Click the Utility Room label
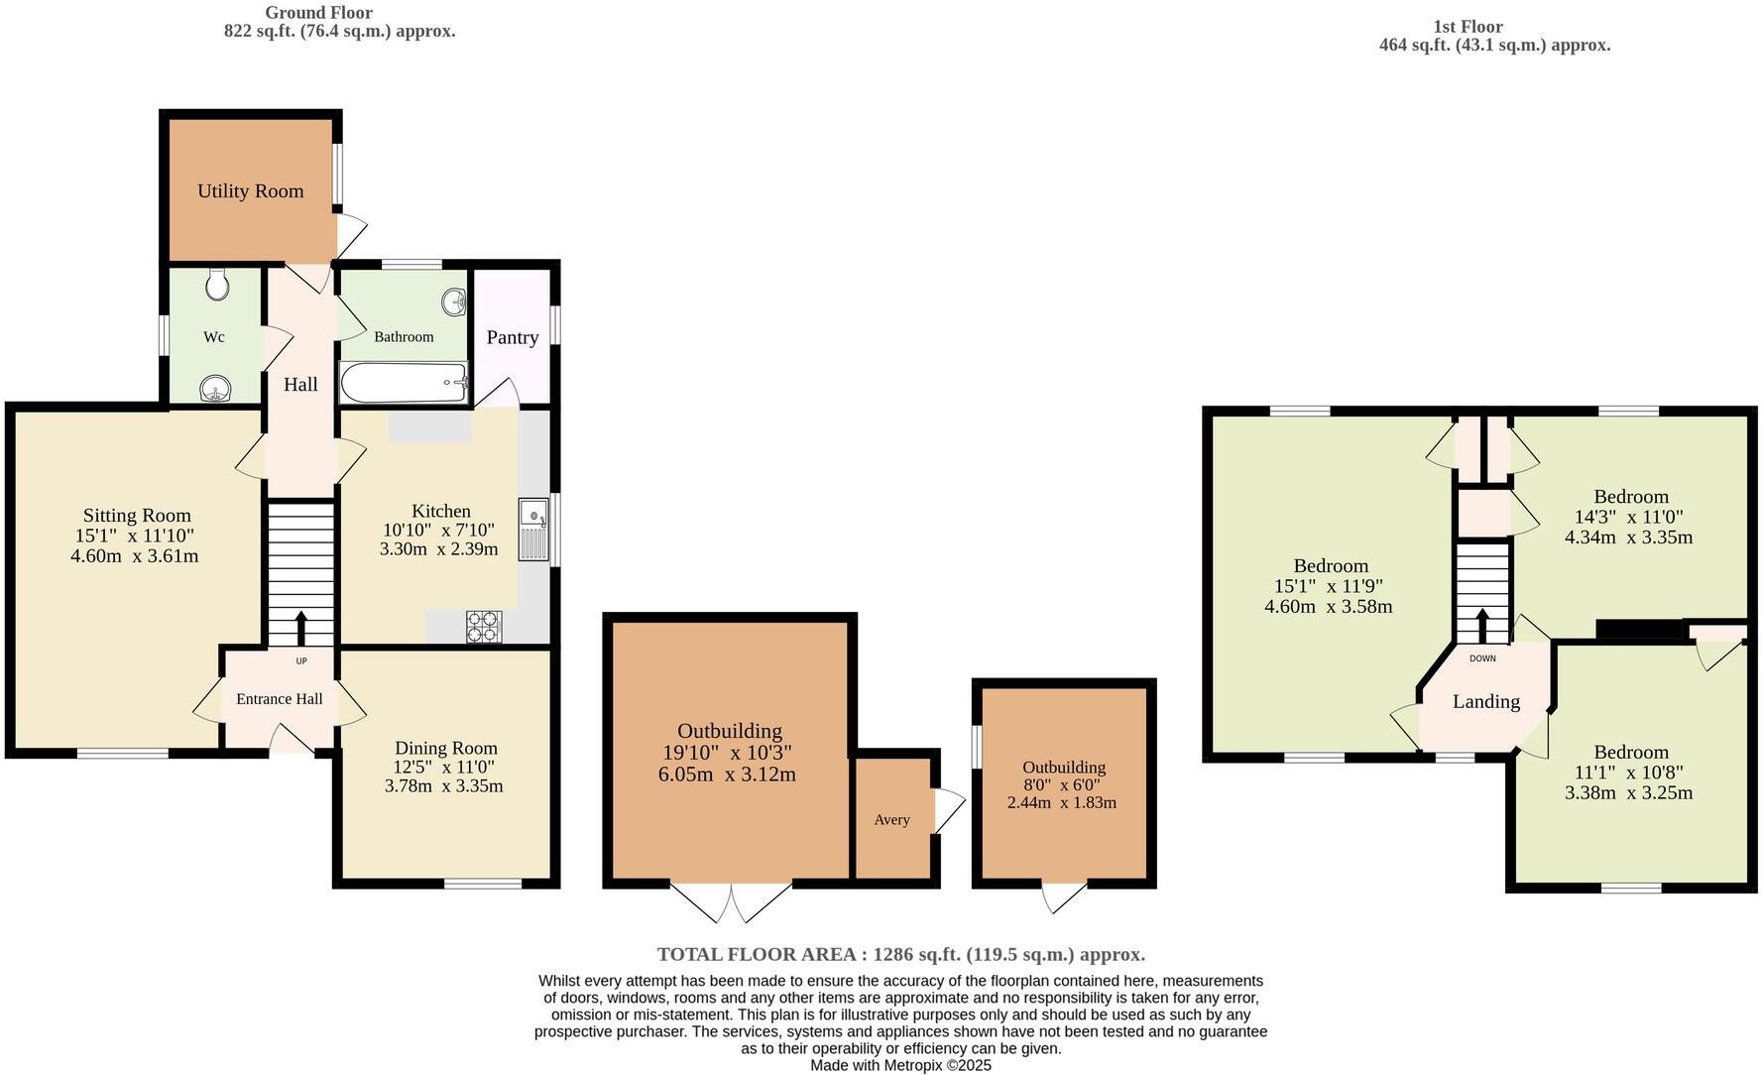tap(250, 191)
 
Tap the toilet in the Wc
tap(218, 286)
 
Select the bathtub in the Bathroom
tap(404, 382)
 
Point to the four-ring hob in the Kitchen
tap(484, 627)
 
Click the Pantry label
tap(512, 337)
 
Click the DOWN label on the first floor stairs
tap(1482, 658)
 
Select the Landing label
tap(1485, 702)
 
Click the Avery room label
tap(891, 820)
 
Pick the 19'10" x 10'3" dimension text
tap(727, 753)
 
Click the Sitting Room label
tap(137, 516)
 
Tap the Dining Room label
tap(445, 749)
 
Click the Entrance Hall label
tap(279, 699)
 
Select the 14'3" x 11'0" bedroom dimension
tap(1628, 517)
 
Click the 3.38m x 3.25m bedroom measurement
tap(1628, 792)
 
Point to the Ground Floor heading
tap(318, 13)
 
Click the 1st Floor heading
tap(1468, 27)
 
